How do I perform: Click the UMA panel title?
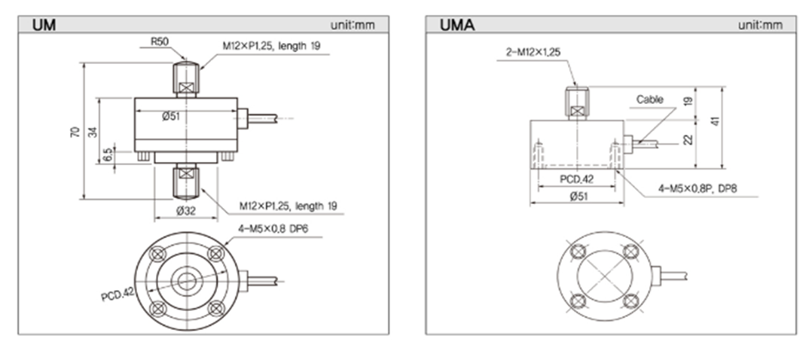(x=457, y=25)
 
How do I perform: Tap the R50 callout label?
(x=159, y=42)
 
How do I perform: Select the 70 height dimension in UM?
(x=74, y=132)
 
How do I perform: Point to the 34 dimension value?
(x=93, y=132)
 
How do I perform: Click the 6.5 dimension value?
(x=107, y=154)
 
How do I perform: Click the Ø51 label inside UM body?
(x=171, y=116)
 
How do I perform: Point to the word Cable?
(x=650, y=99)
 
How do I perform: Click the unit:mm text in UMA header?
(x=760, y=25)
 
